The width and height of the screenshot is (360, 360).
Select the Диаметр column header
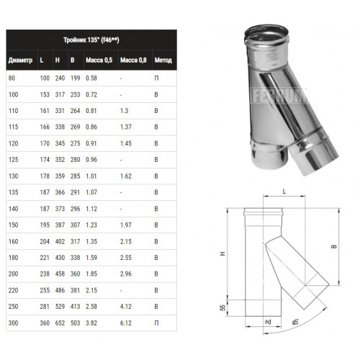coord(20,60)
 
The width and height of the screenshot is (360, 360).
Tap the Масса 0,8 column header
coord(133,60)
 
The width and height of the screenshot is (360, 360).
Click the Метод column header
coord(163,60)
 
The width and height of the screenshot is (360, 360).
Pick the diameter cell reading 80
coord(12,78)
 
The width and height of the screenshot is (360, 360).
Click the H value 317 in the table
coord(60,94)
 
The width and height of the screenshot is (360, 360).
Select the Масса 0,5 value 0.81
coord(91,111)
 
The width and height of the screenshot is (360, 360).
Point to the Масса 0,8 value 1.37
coord(126,127)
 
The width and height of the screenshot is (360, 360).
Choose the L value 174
coord(45,160)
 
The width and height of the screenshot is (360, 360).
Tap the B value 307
coord(76,225)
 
